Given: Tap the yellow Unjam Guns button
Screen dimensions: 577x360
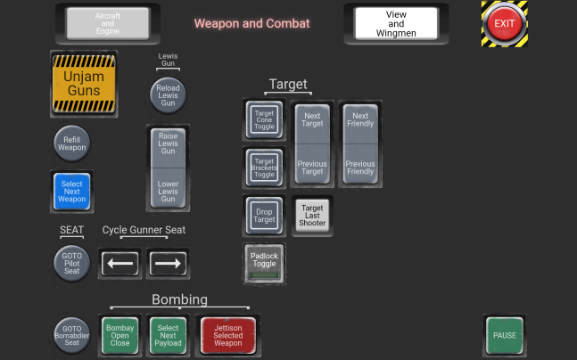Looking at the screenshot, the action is (84, 84).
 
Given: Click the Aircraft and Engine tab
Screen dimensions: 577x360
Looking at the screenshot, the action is (107, 23).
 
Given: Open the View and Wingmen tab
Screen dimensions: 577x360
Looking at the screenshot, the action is (396, 23).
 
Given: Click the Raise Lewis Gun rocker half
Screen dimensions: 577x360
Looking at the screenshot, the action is (168, 148).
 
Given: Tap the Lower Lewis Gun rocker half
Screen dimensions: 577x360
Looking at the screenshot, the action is (168, 188).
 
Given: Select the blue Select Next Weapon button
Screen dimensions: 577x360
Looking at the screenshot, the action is (71, 192).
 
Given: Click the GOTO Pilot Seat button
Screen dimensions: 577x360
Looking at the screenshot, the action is (71, 263).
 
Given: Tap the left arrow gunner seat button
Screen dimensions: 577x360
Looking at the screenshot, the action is (120, 263).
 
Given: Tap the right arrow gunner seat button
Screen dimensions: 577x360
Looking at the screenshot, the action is (168, 263).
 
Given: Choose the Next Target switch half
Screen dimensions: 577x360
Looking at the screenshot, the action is (312, 124).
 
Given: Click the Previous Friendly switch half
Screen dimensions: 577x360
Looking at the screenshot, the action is (360, 164).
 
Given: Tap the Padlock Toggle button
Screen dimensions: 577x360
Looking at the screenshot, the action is (264, 263).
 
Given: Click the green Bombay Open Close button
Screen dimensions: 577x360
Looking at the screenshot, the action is (120, 335).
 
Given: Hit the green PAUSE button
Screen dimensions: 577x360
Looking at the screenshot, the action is (505, 335).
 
